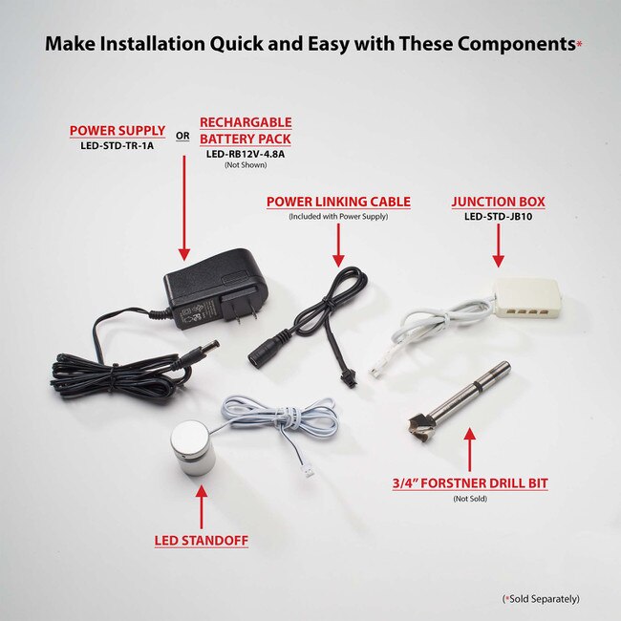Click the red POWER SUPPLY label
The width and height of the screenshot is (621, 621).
pos(118,131)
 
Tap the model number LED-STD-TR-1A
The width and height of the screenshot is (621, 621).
pos(118,146)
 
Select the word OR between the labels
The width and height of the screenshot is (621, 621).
pos(182,136)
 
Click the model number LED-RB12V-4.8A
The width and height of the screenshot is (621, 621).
pos(246,154)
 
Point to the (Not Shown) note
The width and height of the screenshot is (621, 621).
pos(246,165)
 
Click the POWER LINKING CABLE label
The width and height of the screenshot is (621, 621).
pos(338,202)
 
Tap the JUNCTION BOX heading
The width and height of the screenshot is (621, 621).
pos(498,202)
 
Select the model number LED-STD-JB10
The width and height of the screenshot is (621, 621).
pos(498,217)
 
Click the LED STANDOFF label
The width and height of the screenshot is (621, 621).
pos(202,541)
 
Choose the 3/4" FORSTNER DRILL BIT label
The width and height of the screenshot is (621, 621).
pos(470,483)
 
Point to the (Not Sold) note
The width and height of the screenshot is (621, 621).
pos(470,499)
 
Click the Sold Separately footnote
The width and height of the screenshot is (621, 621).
pos(541,599)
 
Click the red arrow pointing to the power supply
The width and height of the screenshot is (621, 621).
pos(184,208)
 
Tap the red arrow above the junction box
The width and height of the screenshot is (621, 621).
pos(498,246)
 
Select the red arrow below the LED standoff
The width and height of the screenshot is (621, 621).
pos(202,507)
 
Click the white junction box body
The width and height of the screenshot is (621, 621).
pos(527,298)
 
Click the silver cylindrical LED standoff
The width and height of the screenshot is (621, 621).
pos(193,447)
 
